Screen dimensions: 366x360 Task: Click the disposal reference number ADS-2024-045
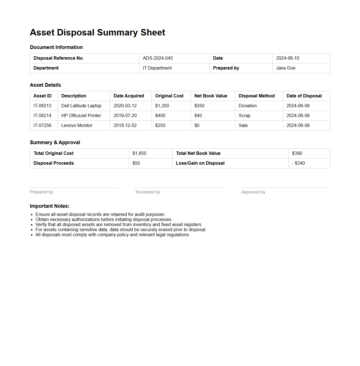point(157,58)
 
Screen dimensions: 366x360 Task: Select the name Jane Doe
point(286,68)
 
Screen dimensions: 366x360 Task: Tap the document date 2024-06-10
point(287,58)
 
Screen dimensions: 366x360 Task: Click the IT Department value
point(157,68)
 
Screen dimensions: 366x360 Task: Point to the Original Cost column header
point(169,96)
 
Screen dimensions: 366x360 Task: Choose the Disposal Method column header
point(256,96)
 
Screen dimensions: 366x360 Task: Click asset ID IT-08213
point(42,106)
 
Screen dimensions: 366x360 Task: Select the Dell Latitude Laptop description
point(81,106)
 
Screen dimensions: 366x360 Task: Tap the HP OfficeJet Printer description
point(81,116)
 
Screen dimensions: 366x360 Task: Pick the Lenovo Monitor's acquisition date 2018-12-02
point(125,126)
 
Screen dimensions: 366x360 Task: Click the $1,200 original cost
point(162,106)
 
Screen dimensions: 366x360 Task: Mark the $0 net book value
point(197,126)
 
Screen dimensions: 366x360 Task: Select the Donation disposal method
point(247,106)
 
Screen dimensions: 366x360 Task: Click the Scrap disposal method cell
point(244,116)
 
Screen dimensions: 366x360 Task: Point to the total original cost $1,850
point(139,153)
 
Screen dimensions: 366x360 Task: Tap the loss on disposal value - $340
point(298,163)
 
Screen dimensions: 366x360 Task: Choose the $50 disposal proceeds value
point(136,163)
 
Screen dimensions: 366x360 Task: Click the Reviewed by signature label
point(148,192)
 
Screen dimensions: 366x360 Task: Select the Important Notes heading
point(50,206)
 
